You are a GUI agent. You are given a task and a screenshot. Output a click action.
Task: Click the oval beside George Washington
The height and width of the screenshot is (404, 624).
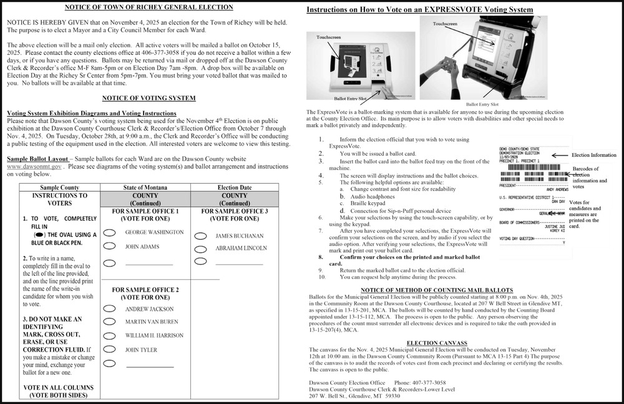click(x=109, y=232)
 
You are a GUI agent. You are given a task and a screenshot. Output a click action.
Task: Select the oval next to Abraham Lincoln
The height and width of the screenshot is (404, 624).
click(x=201, y=248)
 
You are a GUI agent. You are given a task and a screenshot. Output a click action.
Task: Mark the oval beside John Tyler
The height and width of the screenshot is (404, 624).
click(x=109, y=350)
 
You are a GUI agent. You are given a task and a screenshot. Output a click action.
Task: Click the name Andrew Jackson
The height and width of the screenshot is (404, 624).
click(x=149, y=309)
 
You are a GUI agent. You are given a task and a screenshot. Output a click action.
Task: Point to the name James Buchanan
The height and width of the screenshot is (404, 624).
click(x=240, y=236)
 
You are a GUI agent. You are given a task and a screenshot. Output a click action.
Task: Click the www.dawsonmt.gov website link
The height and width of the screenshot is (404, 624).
click(x=34, y=167)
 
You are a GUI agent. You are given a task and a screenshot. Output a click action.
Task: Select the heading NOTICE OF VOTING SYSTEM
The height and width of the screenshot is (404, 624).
click(x=149, y=98)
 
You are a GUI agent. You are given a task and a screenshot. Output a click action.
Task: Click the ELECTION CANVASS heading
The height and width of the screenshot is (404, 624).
click(x=437, y=343)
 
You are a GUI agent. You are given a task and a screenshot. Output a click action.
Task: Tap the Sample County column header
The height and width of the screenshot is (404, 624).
click(x=60, y=187)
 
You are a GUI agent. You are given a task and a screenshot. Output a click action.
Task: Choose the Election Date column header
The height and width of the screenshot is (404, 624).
click(x=235, y=187)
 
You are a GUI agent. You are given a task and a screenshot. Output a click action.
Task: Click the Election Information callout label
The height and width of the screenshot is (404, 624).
click(x=594, y=154)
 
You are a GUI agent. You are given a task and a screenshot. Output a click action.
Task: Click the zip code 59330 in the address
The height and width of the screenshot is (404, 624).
click(x=392, y=396)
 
